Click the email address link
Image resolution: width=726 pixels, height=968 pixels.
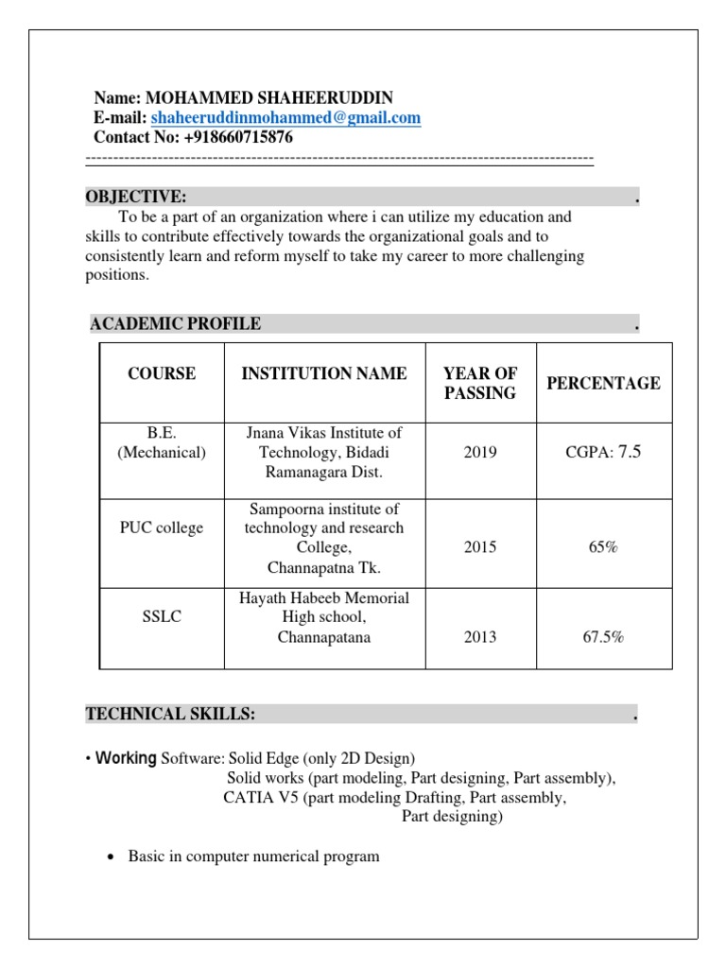click(285, 118)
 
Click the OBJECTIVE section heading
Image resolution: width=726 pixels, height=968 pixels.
click(136, 197)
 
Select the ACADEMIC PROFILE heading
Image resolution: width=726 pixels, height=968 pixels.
click(176, 324)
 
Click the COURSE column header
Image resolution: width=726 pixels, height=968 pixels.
click(162, 373)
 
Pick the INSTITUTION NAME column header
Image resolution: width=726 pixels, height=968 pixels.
click(324, 373)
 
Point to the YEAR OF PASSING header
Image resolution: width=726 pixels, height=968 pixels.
click(480, 383)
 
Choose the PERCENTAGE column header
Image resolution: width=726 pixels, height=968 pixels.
click(603, 383)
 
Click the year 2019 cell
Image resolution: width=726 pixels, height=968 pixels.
click(480, 452)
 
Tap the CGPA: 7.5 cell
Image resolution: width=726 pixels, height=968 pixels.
click(603, 452)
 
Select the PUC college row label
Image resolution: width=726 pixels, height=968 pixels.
click(162, 527)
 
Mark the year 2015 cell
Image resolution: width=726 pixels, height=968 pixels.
click(480, 547)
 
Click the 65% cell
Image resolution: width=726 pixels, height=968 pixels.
click(603, 547)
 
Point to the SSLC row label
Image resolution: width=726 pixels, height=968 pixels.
click(162, 616)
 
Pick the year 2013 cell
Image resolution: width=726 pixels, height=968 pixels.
click(480, 637)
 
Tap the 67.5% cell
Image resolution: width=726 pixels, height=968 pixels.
click(603, 637)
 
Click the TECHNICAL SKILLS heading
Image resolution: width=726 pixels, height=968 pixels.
click(171, 714)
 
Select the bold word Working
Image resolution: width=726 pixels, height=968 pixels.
click(126, 758)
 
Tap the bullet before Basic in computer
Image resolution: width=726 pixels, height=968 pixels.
click(112, 856)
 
